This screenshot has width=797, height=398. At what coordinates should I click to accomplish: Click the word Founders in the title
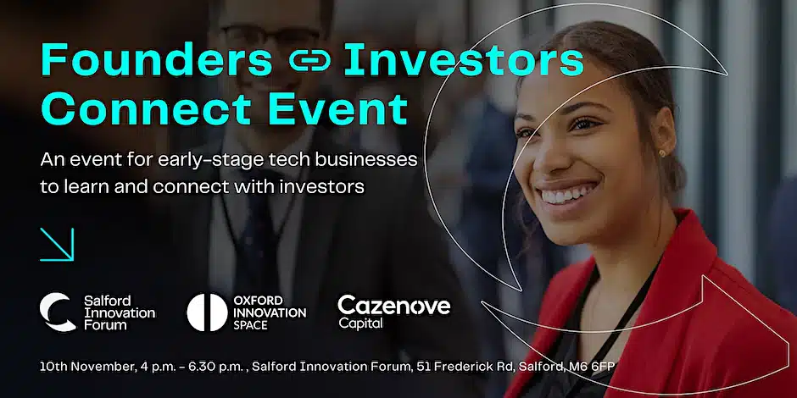(x=157, y=59)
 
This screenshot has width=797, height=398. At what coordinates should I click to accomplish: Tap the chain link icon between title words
(x=309, y=62)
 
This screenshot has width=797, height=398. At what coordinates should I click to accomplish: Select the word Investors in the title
(x=464, y=59)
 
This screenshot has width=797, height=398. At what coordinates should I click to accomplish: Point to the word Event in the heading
(x=338, y=108)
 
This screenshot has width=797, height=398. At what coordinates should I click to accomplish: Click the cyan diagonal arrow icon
(x=57, y=244)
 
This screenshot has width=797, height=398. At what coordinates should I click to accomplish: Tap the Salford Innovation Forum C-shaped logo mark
(x=58, y=312)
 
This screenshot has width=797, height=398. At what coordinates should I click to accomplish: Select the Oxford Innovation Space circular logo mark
(x=207, y=312)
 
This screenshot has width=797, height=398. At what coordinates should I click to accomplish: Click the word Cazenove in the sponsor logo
(x=394, y=306)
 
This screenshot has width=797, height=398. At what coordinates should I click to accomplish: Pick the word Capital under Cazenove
(x=360, y=323)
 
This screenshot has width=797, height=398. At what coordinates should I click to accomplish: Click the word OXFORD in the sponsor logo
(x=259, y=300)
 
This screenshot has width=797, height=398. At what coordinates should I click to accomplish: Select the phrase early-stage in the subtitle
(x=201, y=160)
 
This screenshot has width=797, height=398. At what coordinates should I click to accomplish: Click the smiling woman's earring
(x=662, y=153)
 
